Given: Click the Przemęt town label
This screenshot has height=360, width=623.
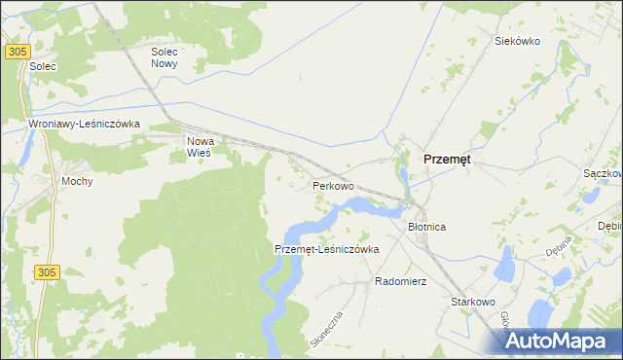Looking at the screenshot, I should tap(447, 162).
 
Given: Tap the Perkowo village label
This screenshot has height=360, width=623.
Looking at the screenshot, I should tap(332, 185).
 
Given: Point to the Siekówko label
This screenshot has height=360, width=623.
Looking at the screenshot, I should tap(517, 41).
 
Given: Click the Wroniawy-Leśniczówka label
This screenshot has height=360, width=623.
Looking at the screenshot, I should tap(86, 125).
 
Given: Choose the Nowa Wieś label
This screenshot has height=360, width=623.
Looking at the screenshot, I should tap(201, 146).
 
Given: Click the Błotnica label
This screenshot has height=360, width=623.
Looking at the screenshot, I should tap(425, 227).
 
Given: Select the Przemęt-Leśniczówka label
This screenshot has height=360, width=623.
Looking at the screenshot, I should tap(326, 249).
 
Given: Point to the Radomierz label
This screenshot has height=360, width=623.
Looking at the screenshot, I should tap(401, 281).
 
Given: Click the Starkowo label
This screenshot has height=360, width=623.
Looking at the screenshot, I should tap(474, 303).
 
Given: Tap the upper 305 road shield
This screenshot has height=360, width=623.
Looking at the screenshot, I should tap(17, 52).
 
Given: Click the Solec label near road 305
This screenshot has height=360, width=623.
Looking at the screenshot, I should tap(44, 66).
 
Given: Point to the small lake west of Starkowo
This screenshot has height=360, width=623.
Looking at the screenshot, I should tap(505, 263).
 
